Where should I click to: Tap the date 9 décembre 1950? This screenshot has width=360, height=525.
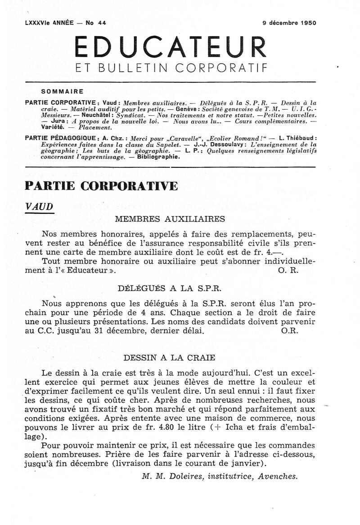pyautogui.click(x=289, y=23)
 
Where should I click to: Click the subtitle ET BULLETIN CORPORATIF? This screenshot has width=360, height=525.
pyautogui.click(x=171, y=69)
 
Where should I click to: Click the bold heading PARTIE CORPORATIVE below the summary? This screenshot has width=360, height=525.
pyautogui.click(x=101, y=186)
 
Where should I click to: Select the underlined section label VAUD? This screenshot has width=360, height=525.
pyautogui.click(x=39, y=206)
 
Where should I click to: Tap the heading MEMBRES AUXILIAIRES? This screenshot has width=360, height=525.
pyautogui.click(x=170, y=219)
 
